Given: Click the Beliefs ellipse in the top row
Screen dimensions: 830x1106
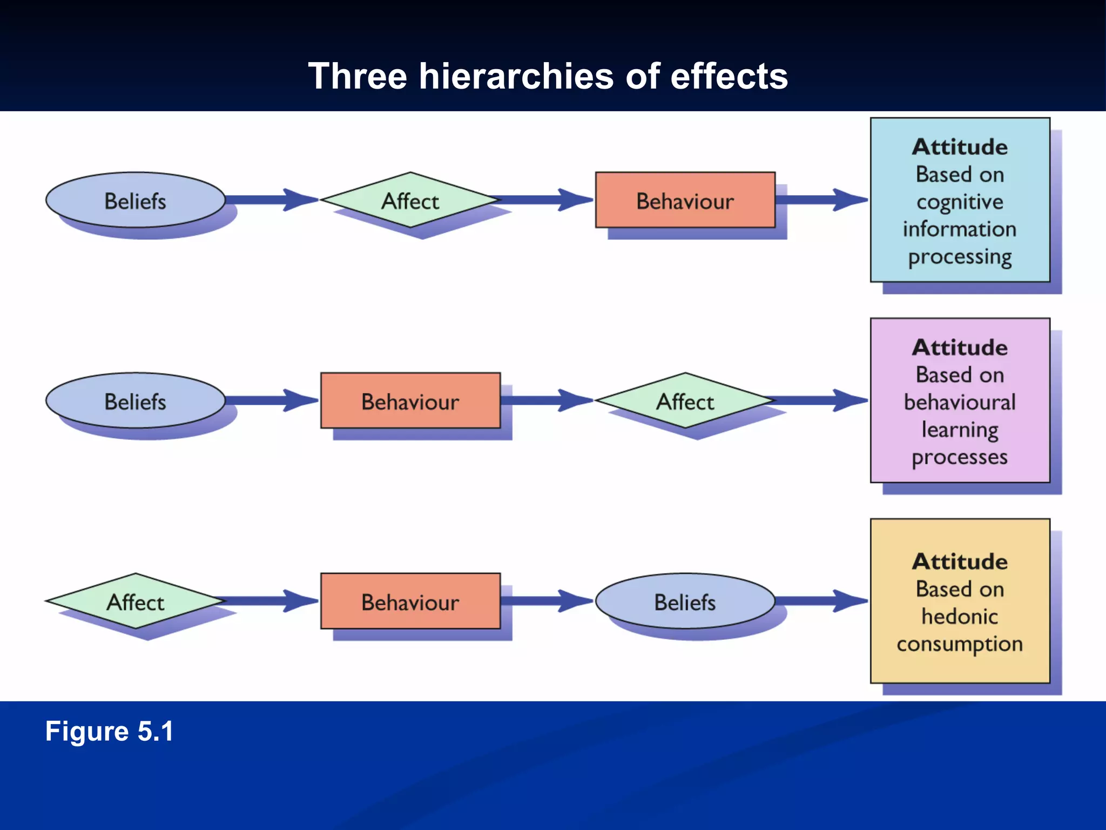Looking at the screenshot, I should (135, 200).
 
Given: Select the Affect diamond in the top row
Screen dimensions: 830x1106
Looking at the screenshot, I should (410, 200).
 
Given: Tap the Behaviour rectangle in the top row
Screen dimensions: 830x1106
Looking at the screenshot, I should (685, 200).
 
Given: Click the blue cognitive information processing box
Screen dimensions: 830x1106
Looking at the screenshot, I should (960, 200).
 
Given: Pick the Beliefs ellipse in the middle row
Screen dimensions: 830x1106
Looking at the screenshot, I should (135, 401).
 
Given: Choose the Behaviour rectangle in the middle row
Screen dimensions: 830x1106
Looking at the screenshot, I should (410, 401).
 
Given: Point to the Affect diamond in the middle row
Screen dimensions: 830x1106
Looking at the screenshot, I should (685, 401).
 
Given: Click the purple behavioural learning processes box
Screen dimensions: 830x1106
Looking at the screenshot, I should (960, 401).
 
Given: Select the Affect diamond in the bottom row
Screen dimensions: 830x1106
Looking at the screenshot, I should (135, 601).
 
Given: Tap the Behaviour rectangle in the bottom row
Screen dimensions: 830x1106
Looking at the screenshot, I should (410, 601).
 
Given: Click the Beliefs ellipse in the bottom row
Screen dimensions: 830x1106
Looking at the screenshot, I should (685, 601).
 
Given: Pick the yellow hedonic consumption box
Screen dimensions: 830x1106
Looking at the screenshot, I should (960, 601).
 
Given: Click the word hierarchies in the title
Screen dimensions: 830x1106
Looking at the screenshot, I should (516, 76).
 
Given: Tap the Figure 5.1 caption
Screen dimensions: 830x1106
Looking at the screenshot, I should (109, 731).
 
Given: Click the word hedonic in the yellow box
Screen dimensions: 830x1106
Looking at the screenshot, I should (960, 617).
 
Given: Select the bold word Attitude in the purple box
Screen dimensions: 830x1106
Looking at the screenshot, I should (960, 347).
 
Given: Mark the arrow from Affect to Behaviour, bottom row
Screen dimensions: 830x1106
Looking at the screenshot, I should (270, 601).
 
